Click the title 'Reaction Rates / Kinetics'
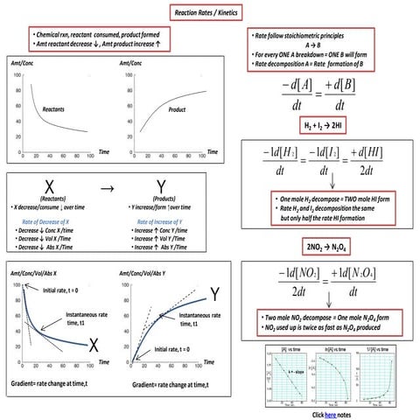point(210,12)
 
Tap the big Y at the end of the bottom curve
point(215,292)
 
